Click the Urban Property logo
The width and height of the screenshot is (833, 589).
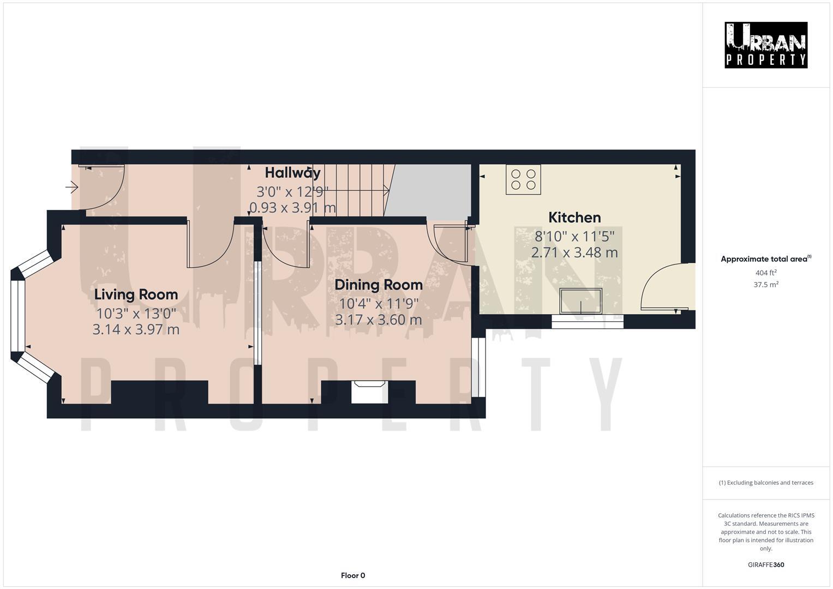pyautogui.click(x=765, y=45)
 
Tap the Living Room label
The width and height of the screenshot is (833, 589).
pyautogui.click(x=136, y=294)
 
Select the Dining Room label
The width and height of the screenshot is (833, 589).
pyautogui.click(x=378, y=285)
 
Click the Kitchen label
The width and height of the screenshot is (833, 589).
pyautogui.click(x=574, y=218)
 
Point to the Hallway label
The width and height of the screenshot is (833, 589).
pyautogui.click(x=292, y=173)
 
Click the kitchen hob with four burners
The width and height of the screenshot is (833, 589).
pyautogui.click(x=523, y=179)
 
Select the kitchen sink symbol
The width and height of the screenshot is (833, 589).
pyautogui.click(x=580, y=301)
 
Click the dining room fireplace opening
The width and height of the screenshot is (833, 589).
pyautogui.click(x=369, y=392)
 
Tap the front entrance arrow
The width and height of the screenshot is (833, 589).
pyautogui.click(x=72, y=188)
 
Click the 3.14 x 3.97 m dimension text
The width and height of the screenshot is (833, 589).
pyautogui.click(x=136, y=329)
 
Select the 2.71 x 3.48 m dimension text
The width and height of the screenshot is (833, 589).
pyautogui.click(x=574, y=253)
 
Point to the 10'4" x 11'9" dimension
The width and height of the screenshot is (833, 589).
pyautogui.click(x=378, y=303)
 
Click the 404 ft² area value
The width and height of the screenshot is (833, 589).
pyautogui.click(x=765, y=273)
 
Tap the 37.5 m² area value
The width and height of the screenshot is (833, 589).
pyautogui.click(x=765, y=284)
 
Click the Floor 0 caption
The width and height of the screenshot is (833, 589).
pyautogui.click(x=352, y=575)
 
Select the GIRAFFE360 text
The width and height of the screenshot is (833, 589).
pyautogui.click(x=765, y=564)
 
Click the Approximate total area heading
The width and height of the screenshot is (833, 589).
pyautogui.click(x=765, y=259)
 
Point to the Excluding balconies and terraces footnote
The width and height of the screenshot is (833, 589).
pyautogui.click(x=765, y=483)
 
